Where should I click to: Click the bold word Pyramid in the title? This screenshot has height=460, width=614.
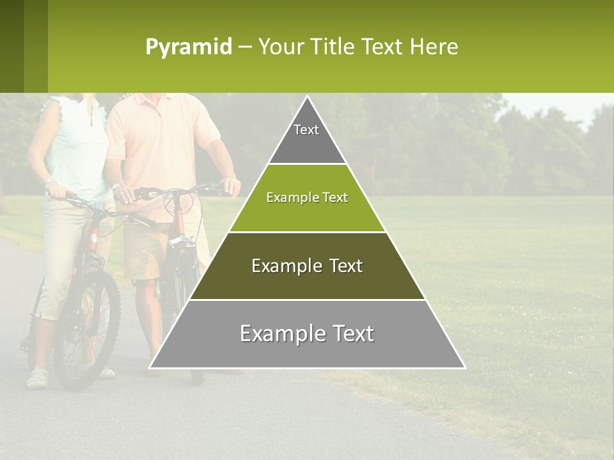pos(188,47)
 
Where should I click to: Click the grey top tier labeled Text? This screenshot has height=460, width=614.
pos(307,137)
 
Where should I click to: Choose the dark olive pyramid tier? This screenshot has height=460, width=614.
pos(307,266)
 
